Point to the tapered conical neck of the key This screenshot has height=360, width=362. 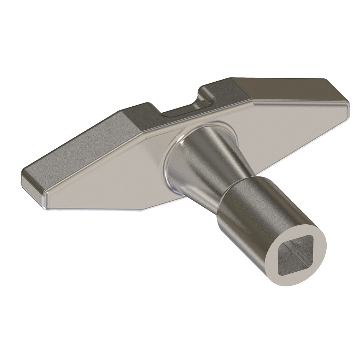212,166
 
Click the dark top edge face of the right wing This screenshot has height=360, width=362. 283,88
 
